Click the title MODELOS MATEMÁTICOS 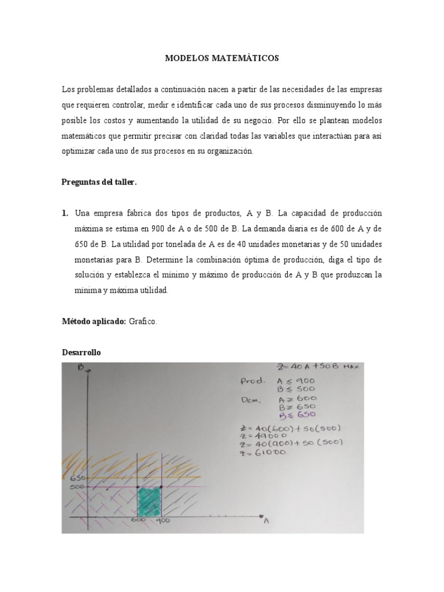pyautogui.click(x=222, y=58)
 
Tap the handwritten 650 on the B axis pyautogui.click(x=78, y=478)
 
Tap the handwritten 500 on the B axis pyautogui.click(x=78, y=488)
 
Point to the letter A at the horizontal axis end pyautogui.click(x=266, y=521)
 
